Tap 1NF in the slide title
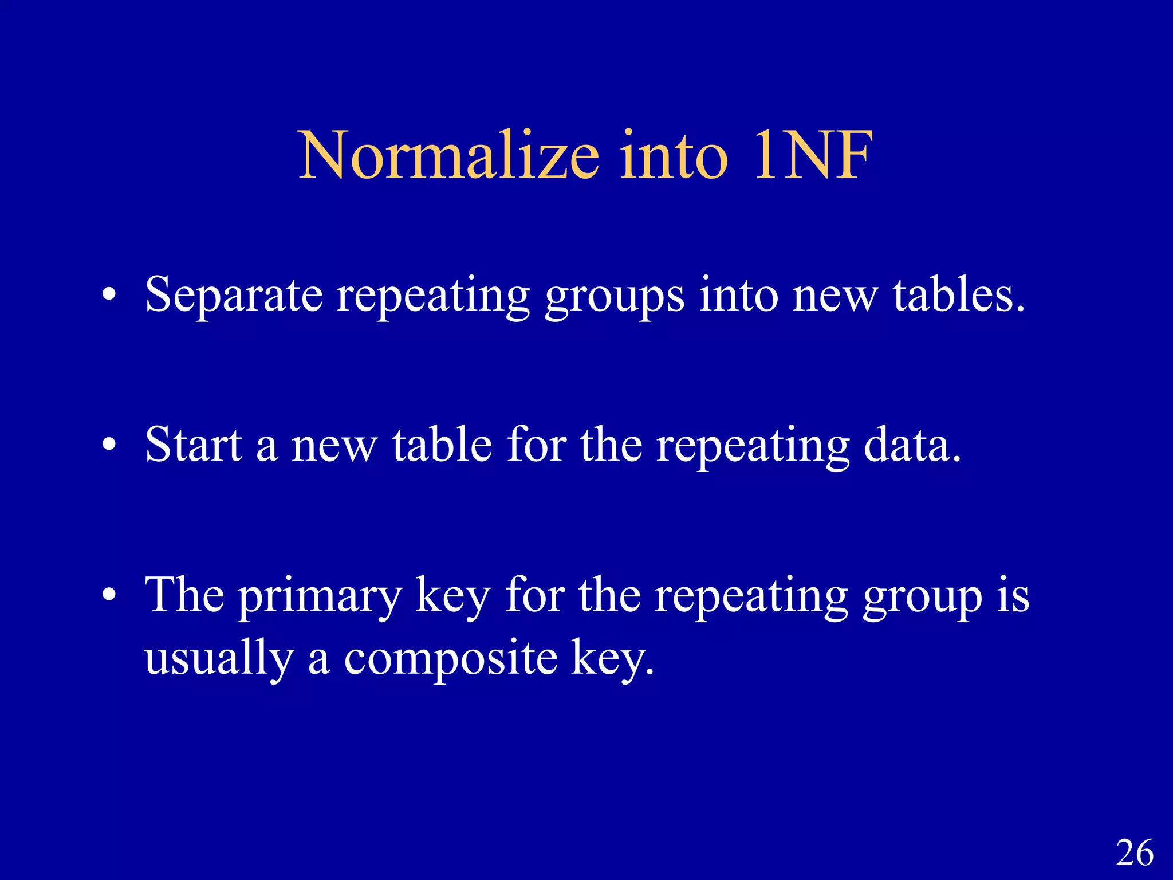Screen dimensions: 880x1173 coord(813,156)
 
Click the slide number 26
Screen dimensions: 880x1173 coord(1135,853)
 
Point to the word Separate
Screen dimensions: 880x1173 coord(234,296)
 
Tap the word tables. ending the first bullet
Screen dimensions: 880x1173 coord(959,294)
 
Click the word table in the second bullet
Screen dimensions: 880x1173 coord(442,445)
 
